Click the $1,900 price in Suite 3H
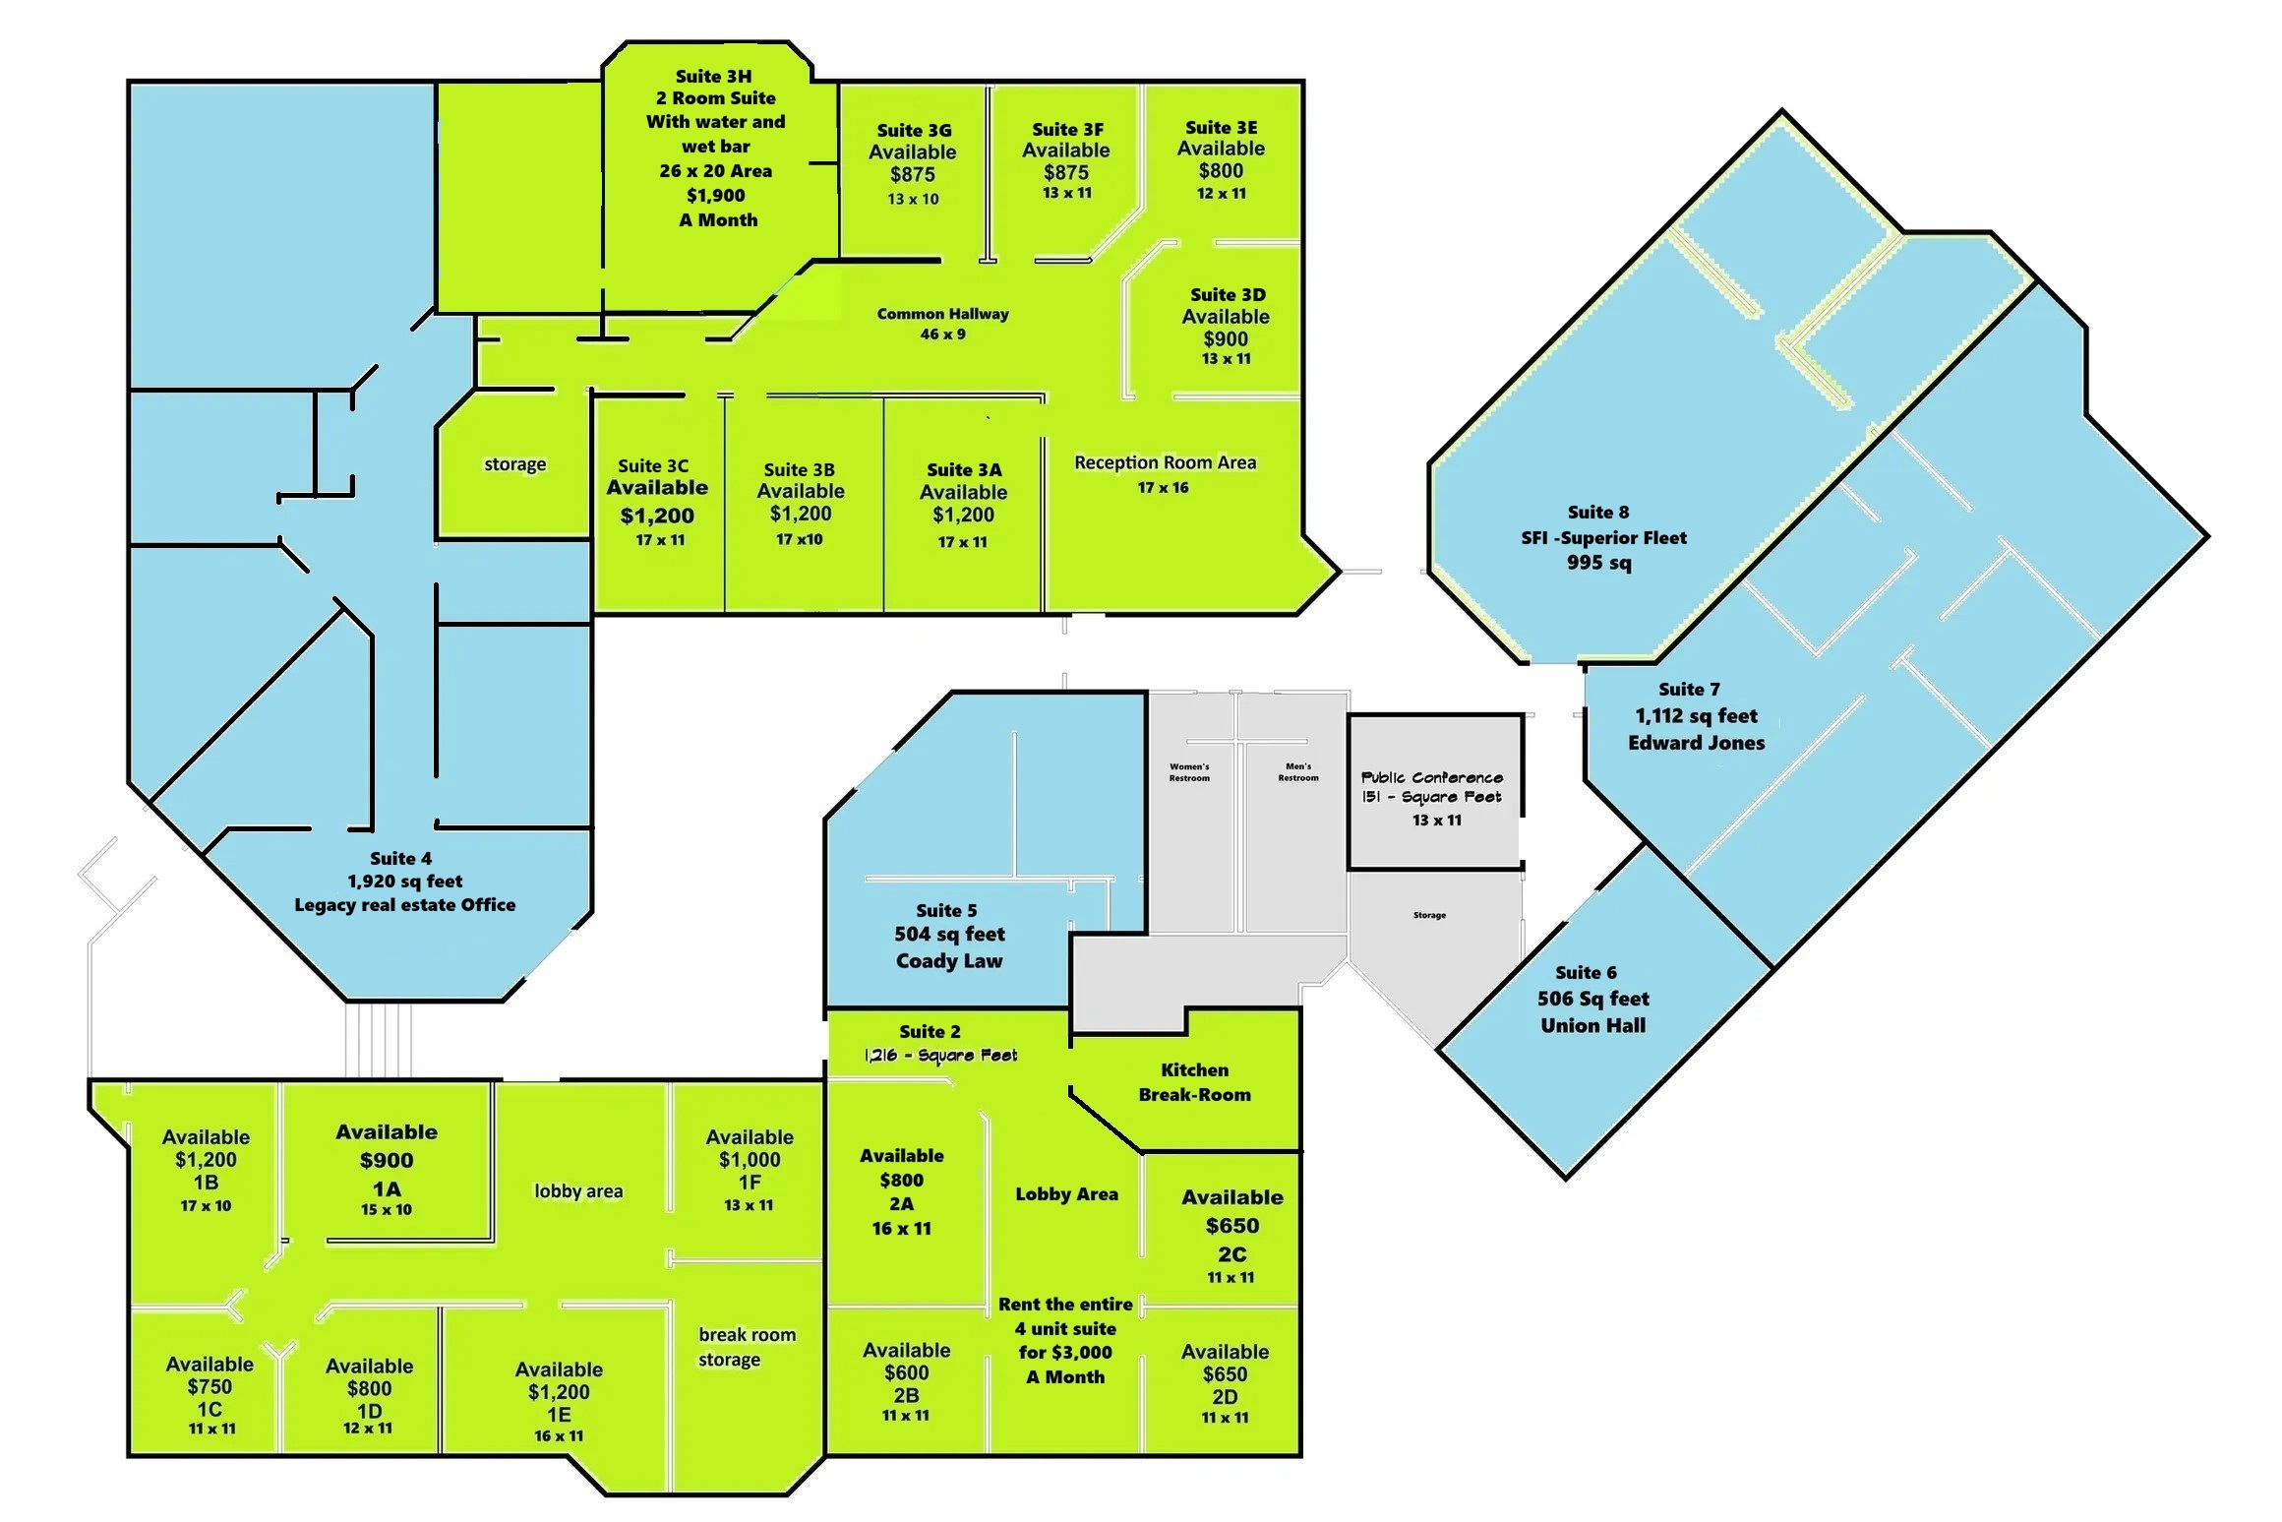(715, 196)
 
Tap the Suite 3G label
(914, 130)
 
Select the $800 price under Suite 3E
(1221, 170)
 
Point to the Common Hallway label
(942, 314)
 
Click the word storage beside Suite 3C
(514, 464)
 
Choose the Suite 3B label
(799, 470)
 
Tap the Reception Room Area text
(1165, 462)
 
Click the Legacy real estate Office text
(404, 905)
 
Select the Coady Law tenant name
(949, 961)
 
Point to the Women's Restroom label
(1189, 772)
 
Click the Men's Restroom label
(1298, 772)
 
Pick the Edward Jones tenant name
(1696, 743)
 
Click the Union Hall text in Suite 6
(1592, 1025)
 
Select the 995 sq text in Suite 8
(1598, 563)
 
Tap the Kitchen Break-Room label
(1194, 1082)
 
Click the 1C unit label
(210, 1409)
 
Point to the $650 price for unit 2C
(1232, 1226)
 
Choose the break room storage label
(747, 1347)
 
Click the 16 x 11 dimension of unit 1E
(559, 1436)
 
